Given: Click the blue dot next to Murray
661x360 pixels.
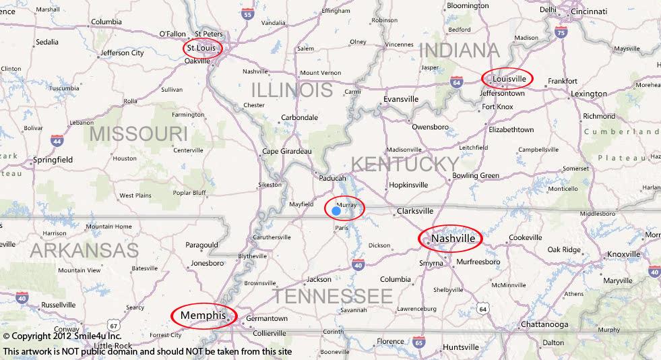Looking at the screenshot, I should coord(336,210).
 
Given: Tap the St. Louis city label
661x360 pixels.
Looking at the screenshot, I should coord(201,48).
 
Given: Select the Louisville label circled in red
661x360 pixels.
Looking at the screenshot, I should coord(509,79).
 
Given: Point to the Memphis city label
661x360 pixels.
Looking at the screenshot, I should coord(202,315).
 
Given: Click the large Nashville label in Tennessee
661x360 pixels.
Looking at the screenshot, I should coord(453,239).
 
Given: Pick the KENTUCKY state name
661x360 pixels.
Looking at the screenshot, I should coord(404,164).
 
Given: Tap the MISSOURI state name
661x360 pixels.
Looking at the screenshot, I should coord(138,133).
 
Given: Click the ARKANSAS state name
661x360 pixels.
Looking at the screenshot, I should coord(84,251).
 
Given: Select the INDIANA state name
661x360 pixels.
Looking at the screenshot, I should coord(460,50).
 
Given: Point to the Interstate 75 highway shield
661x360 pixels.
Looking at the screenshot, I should coord(561,32).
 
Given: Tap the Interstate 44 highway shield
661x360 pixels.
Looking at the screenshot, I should coord(57,140).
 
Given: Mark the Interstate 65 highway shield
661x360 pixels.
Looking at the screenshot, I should coord(418,342).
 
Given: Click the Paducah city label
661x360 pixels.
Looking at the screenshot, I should coord(333,178).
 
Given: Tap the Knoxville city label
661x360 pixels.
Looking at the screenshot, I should coord(623,254).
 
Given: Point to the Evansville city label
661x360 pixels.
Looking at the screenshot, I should coord(401,99).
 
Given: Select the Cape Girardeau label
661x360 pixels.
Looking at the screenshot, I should coord(286,151).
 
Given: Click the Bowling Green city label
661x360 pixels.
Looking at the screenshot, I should coord(476,176).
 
